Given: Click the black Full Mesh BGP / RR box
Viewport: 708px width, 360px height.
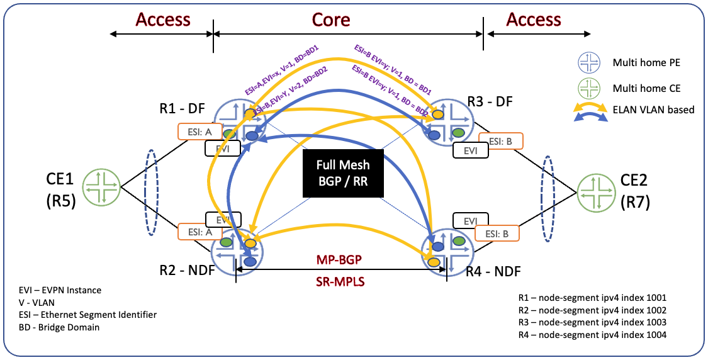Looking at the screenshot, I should [343, 174].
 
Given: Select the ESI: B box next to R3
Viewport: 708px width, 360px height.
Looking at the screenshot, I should [500, 141].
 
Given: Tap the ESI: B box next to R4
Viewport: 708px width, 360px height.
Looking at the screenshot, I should [497, 233].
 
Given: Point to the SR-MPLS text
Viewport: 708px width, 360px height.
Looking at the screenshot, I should [340, 281].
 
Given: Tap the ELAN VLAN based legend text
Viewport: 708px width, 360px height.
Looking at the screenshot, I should [653, 110].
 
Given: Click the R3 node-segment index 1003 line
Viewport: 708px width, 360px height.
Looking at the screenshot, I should [591, 322].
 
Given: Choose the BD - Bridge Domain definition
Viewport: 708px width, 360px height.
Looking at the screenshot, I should [59, 327].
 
